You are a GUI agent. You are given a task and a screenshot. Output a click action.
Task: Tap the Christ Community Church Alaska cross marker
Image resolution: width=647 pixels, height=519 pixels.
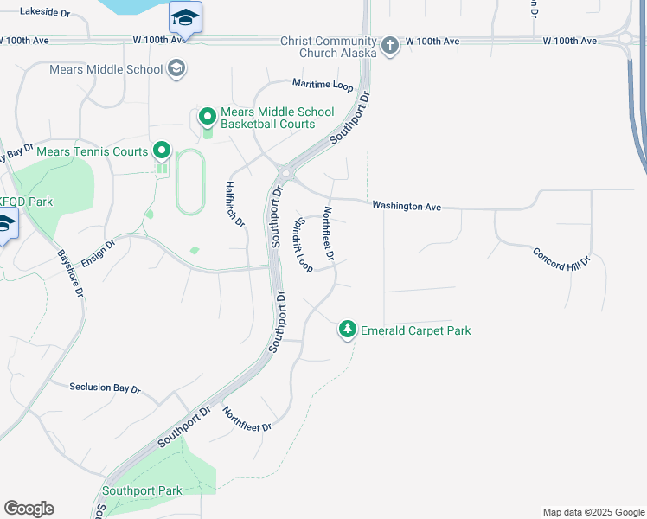tap(390, 45)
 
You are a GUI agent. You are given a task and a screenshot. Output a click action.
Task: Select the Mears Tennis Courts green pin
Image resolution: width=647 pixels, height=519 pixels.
tap(162, 152)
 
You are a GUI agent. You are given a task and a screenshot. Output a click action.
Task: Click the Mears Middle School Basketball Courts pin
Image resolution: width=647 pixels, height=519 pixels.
tap(208, 116)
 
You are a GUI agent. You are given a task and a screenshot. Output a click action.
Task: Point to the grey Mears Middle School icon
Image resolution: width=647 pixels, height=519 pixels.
tap(176, 69)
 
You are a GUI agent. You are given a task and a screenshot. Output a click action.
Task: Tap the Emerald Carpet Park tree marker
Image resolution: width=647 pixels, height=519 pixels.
tap(347, 330)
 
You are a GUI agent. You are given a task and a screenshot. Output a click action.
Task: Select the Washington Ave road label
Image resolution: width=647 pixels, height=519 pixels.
tap(407, 207)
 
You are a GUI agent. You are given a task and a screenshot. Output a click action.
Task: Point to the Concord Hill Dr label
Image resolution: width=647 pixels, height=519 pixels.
tap(561, 259)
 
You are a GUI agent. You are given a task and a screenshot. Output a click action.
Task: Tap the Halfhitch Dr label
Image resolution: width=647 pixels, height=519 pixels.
tap(235, 204)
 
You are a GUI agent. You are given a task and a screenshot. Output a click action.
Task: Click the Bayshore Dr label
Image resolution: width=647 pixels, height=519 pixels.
tap(70, 273)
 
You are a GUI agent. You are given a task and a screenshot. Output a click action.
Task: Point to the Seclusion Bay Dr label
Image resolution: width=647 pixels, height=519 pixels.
tap(105, 388)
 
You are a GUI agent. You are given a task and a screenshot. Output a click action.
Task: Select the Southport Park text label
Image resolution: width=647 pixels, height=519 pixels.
tap(142, 490)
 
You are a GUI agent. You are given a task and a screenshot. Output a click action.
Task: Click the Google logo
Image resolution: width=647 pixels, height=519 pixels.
tap(29, 509)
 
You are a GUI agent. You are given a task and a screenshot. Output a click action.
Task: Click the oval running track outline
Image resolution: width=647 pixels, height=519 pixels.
tap(190, 182)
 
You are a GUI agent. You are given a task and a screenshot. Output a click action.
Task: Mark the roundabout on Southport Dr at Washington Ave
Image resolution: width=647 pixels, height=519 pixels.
tap(286, 173)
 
